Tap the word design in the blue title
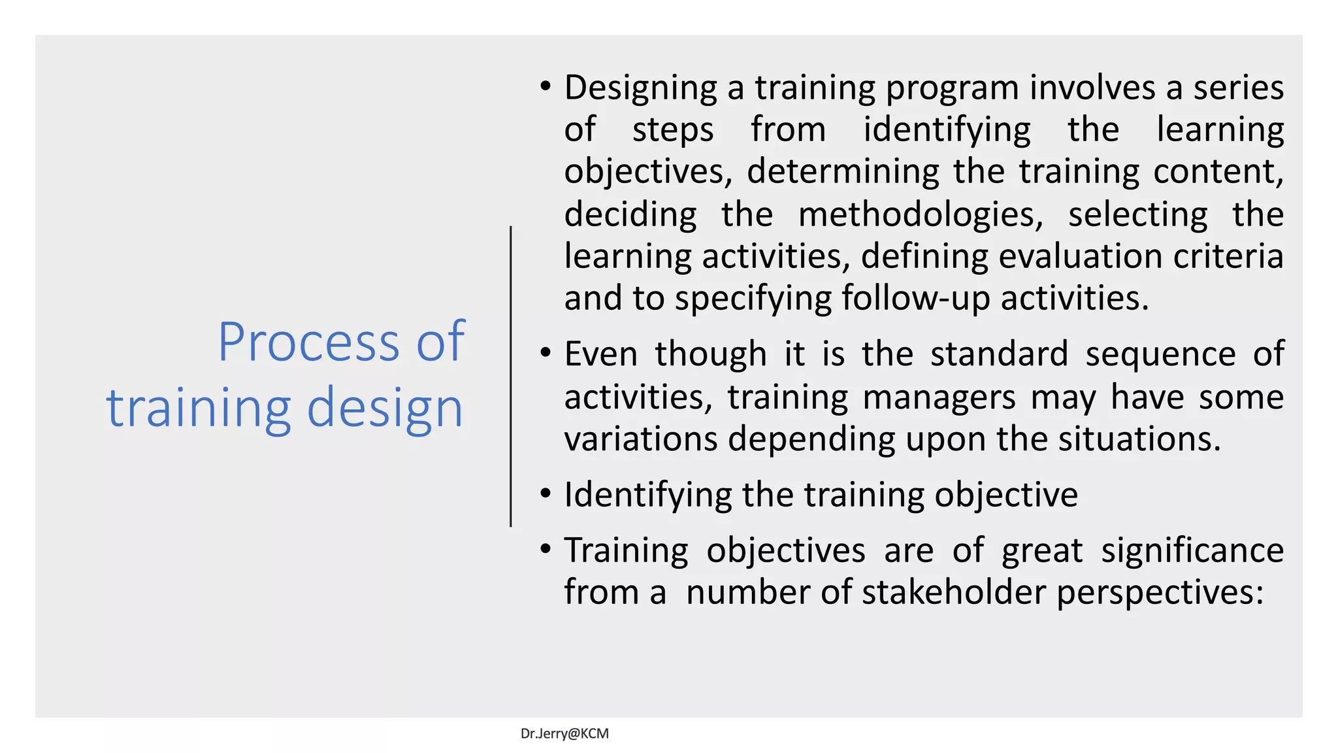pos(385,408)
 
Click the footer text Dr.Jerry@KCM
pos(564,733)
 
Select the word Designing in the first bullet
pos(640,88)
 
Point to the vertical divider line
pos(511,376)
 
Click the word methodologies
pos(921,215)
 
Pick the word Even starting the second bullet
pos(600,354)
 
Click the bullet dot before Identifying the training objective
pos(546,494)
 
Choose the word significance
pos(1192,550)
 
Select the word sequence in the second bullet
pos(1160,354)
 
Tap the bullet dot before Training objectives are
pos(546,549)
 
